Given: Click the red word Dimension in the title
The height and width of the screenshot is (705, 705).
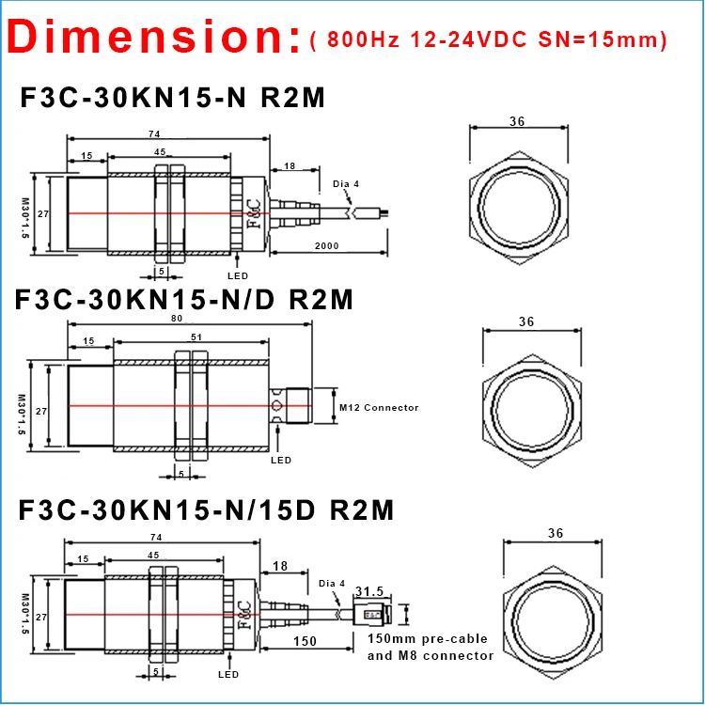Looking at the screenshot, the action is pos(154,37).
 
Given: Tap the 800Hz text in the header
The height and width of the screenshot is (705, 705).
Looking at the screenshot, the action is pos(363,39).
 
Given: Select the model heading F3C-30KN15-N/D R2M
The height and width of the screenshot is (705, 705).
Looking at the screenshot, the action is pos(184,300).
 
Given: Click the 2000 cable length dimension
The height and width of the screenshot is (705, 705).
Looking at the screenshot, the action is pos(327,246).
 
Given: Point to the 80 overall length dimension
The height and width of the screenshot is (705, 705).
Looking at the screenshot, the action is pos(177,319).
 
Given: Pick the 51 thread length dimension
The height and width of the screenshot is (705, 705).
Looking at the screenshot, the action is pos(196,337).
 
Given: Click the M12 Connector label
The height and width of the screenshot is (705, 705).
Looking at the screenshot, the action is pos(379,408).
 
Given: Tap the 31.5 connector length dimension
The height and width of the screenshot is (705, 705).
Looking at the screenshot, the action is pos(369,591).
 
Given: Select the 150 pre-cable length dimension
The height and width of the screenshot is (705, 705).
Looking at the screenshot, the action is pos(305,641).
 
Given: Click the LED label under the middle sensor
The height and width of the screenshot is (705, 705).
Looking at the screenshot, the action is pos(281,460).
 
